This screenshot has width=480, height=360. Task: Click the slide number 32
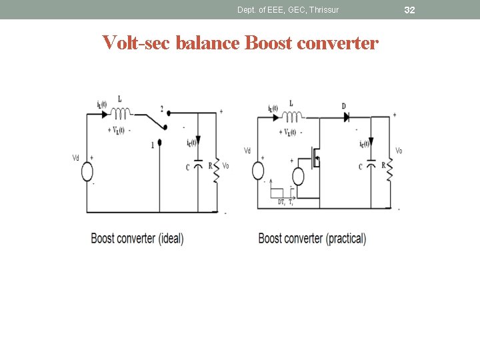tap(409, 10)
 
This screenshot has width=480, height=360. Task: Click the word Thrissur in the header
tap(324, 10)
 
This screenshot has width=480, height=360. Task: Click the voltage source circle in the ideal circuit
tap(87, 171)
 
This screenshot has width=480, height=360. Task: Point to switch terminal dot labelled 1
tap(160, 142)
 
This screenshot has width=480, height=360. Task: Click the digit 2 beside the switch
tap(161, 109)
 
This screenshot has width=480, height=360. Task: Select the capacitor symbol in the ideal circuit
tap(197, 165)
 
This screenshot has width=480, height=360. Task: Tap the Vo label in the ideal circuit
tap(226, 166)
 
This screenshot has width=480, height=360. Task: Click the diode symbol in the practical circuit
tap(347, 117)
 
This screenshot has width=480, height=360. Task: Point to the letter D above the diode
tap(343, 106)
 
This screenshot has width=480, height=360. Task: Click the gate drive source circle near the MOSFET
tap(297, 177)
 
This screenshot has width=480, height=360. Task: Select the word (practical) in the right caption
tap(346, 238)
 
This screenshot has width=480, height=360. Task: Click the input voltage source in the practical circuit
tap(259, 171)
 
